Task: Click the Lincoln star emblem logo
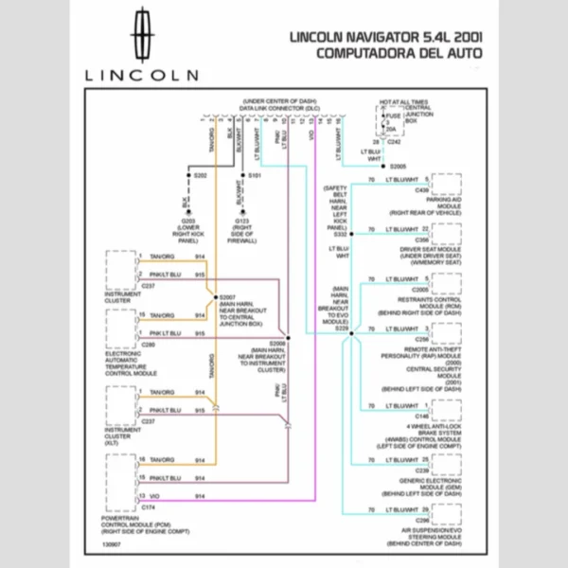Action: (142, 34)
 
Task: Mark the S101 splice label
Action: (255, 176)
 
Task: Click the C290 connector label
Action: (148, 345)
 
